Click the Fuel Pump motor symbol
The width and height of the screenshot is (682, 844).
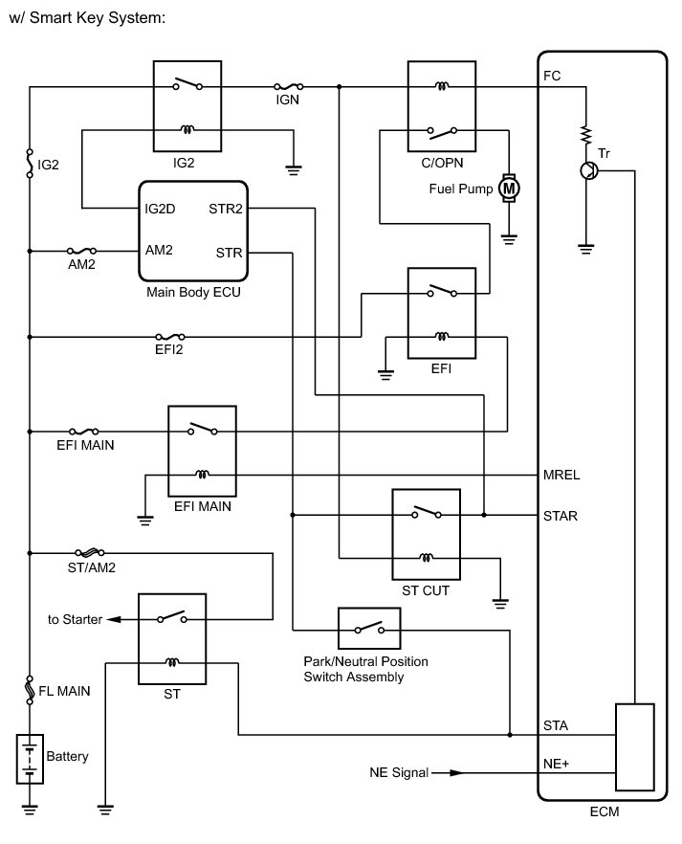pos(510,189)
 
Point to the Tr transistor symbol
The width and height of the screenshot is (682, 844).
pos(589,170)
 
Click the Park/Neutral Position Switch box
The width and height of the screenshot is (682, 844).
pos(368,629)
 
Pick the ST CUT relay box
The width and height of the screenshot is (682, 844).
pos(426,537)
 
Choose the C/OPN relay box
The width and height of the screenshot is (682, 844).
pos(442,109)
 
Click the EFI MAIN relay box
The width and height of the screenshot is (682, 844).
pos(202,451)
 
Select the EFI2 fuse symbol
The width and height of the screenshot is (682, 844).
pos(169,337)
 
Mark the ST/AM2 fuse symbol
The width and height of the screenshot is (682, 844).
pos(88,552)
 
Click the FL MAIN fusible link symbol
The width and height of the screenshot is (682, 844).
pos(31,687)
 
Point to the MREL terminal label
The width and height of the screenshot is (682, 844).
pos(561,475)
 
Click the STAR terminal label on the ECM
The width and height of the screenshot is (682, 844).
pos(561,515)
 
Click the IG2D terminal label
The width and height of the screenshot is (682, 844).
pos(162,208)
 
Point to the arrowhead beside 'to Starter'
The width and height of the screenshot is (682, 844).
pos(114,619)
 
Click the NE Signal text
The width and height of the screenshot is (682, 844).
pos(399,772)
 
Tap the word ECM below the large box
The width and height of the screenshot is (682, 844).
pos(605,814)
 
